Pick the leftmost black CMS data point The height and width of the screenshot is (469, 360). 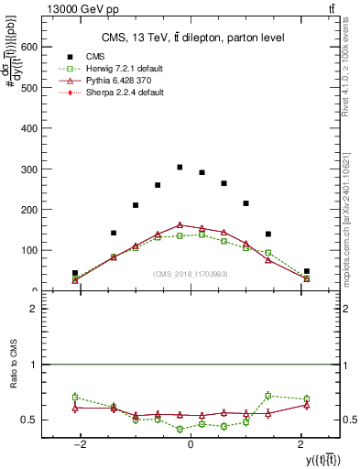pyautogui.click(x=75, y=273)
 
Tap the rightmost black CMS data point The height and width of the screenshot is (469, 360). pyautogui.click(x=307, y=271)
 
